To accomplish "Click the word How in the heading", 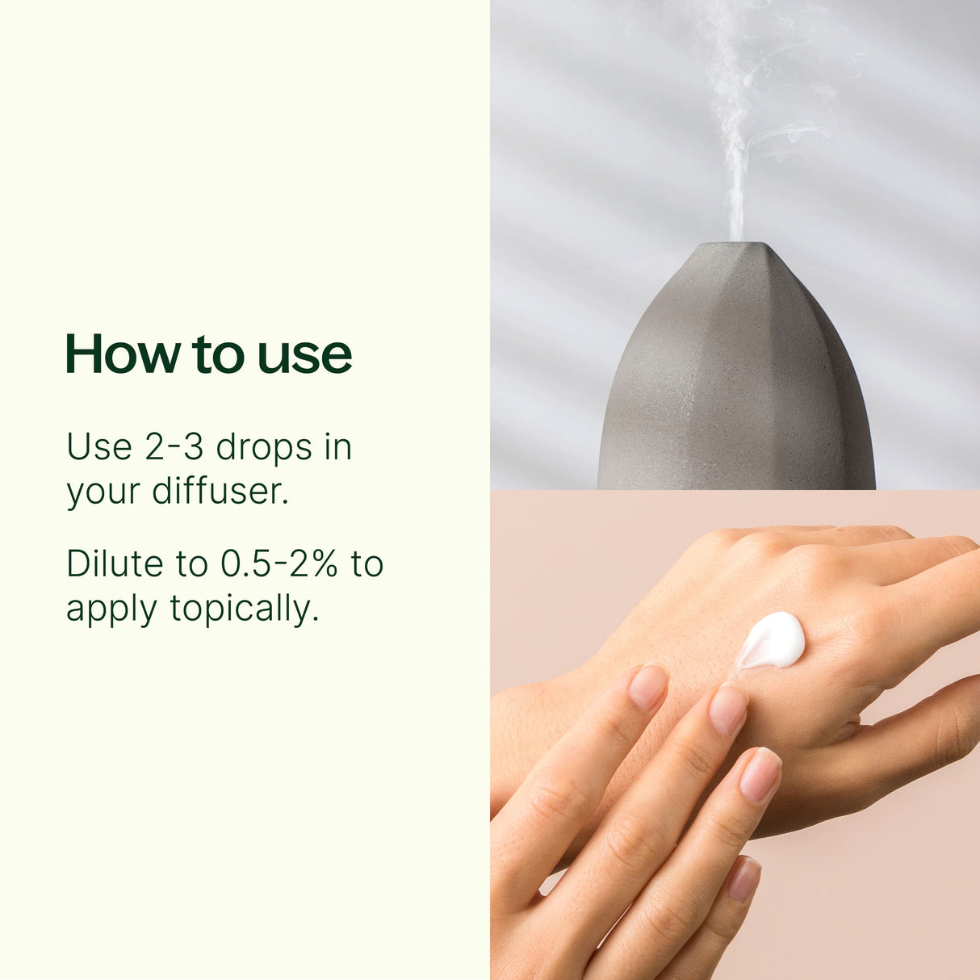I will [123, 354].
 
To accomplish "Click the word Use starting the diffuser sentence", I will [98, 446].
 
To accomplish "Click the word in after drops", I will [338, 446].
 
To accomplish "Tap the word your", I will [103, 492].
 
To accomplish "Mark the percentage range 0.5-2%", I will [279, 563].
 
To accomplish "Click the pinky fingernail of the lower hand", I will [743, 878].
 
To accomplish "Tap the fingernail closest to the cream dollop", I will [727, 710].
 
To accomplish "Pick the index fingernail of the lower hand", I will [647, 686].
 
